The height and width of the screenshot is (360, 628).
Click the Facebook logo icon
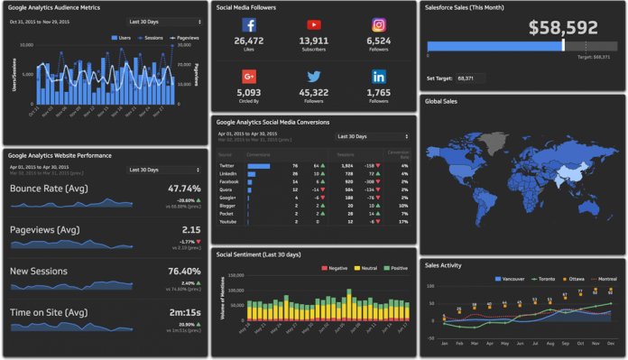coord(249,25)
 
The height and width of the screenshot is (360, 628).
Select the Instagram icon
coord(379,25)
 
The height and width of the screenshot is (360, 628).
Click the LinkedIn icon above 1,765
coord(379,77)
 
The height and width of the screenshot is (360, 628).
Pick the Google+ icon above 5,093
coord(249,77)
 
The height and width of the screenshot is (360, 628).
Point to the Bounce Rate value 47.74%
coord(183,189)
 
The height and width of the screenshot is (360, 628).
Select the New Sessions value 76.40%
coord(183,271)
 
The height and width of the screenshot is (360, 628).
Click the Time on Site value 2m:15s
coord(183,312)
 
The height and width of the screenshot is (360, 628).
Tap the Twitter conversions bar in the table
coord(259,166)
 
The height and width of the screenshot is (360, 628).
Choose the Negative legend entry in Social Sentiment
coord(337,268)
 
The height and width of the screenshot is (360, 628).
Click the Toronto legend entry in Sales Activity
coord(543,280)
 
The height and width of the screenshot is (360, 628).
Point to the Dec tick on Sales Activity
coord(610,344)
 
